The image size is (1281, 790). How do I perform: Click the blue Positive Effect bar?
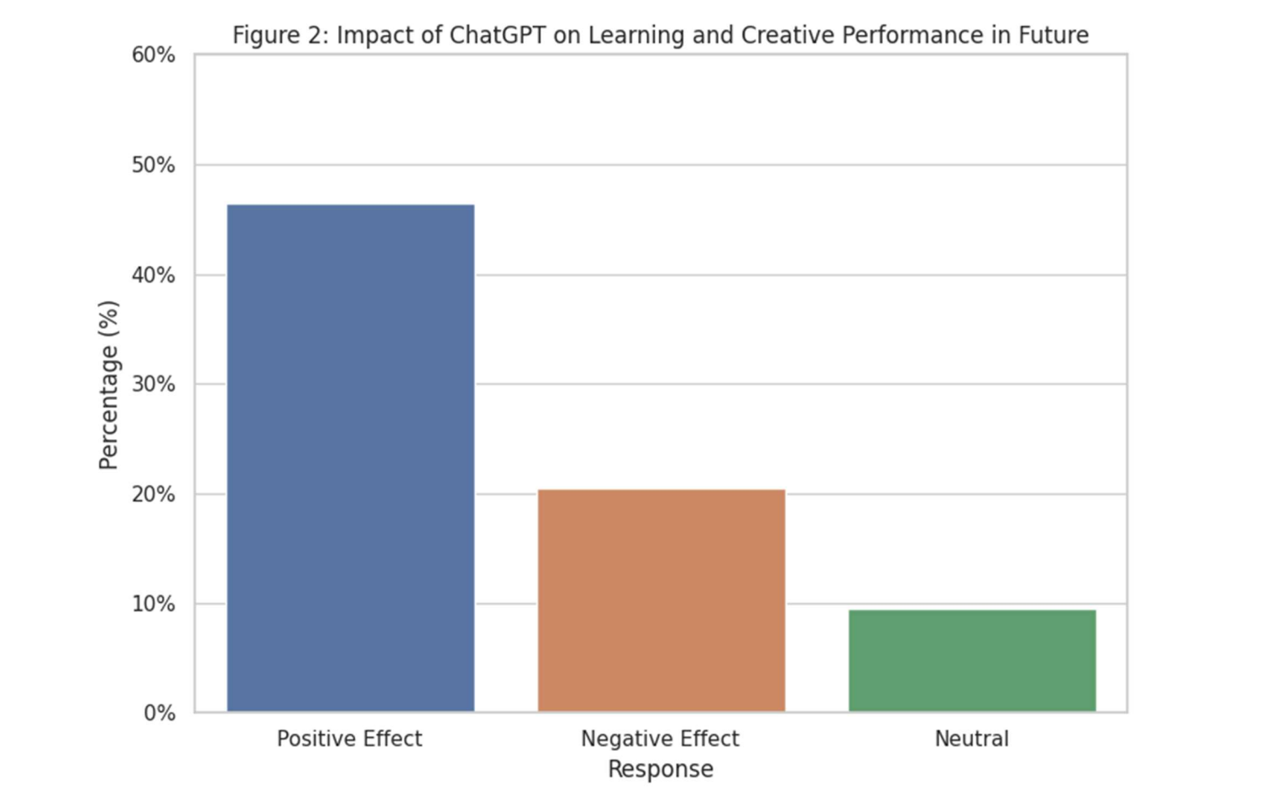coord(350,458)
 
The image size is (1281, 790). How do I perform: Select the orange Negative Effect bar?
coord(661,600)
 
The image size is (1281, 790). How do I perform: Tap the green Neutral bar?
coord(971,661)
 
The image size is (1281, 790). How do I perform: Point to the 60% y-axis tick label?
coord(153,55)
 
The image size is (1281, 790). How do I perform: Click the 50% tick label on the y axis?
coord(153,165)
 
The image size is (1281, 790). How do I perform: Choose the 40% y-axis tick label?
coord(153,275)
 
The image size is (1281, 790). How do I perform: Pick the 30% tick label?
coord(153,385)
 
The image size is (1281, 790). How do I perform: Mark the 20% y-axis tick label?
coord(153,495)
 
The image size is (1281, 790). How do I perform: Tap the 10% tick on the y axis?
coord(153,604)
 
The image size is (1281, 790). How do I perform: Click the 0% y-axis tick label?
coord(159,714)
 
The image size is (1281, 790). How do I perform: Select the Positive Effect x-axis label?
coord(349,739)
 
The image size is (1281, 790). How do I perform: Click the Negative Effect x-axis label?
coord(660,739)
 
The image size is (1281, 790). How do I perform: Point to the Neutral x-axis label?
coord(971,739)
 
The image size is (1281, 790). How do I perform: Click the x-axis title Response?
coord(661,769)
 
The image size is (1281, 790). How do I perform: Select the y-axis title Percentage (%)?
coord(108,385)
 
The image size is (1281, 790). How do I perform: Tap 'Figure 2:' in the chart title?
coord(280,35)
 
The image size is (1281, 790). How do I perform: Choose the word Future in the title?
coord(1053,35)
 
